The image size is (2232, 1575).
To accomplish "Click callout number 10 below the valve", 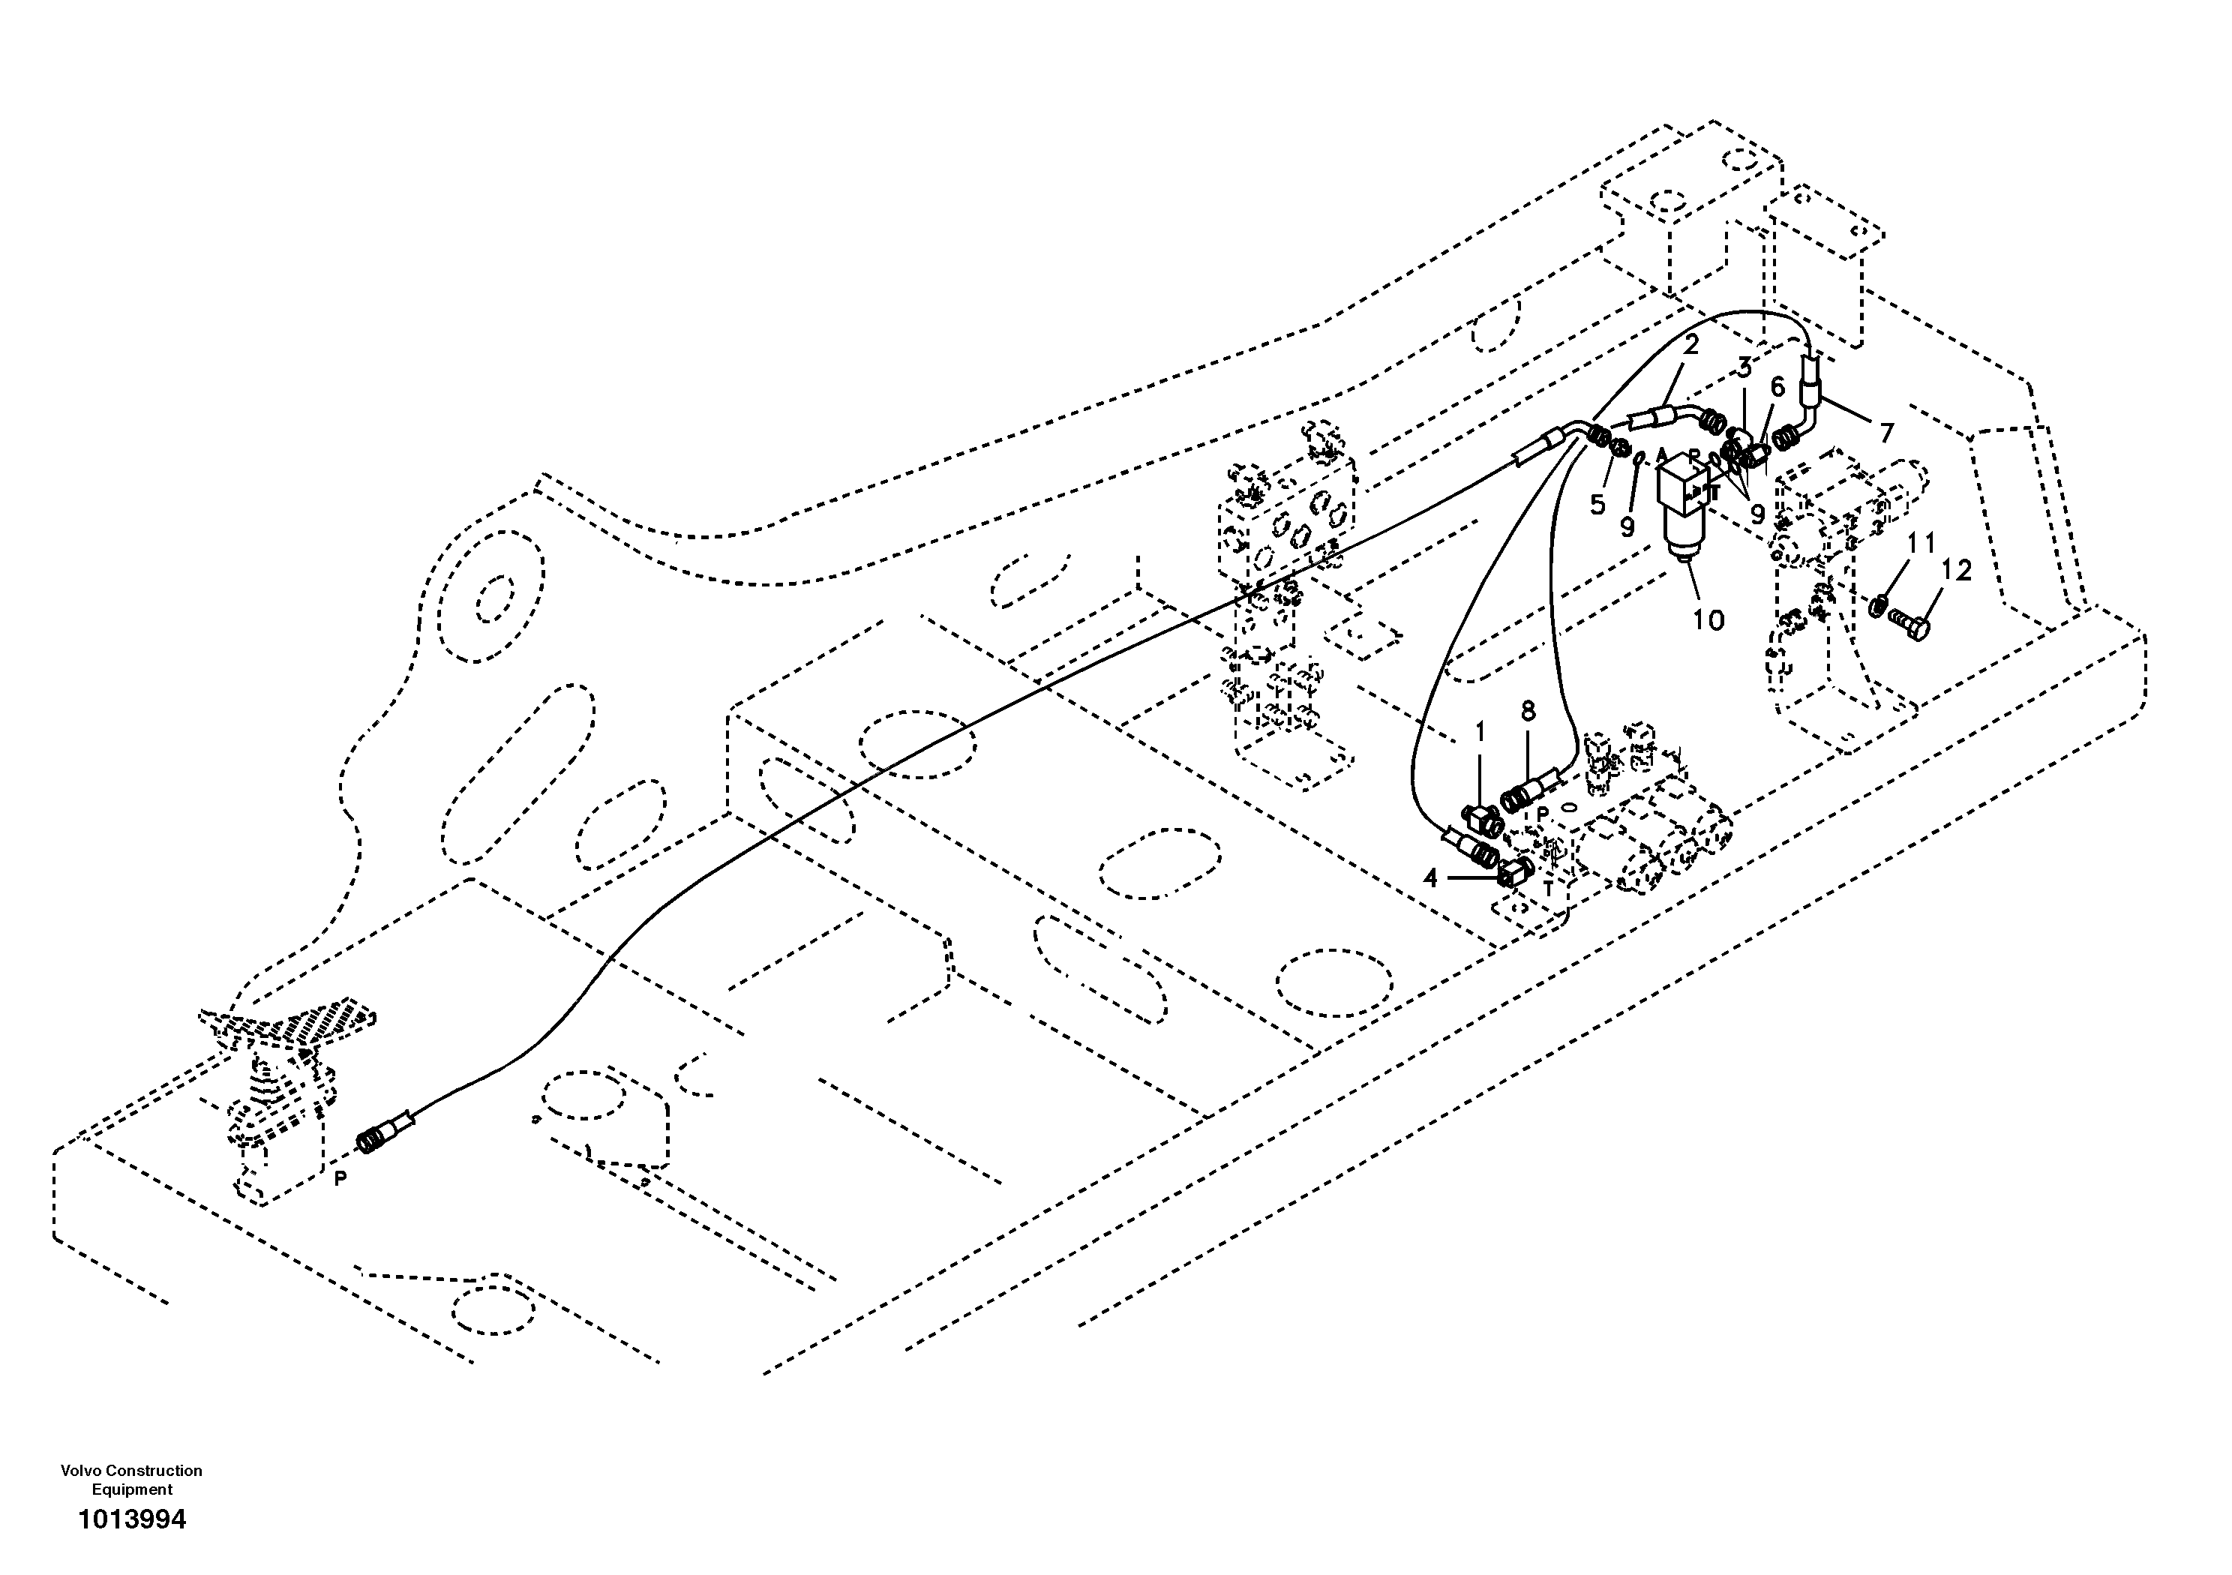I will point(1708,619).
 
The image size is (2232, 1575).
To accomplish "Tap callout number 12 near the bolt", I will point(1956,571).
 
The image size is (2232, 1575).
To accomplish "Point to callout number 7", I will point(1886,433).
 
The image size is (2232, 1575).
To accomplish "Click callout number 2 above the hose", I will point(1690,344).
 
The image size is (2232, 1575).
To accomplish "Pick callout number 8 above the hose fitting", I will point(1528,712).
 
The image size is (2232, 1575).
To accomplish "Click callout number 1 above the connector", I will point(1480,732).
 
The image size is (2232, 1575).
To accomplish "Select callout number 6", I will point(1777,387).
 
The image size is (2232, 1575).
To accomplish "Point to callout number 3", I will point(1744,368).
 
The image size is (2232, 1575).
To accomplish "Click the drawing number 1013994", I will point(132,1519).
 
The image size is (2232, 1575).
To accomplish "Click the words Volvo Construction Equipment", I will point(131,1480).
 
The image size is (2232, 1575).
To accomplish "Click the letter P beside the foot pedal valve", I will point(340,1177).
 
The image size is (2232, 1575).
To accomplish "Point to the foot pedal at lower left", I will point(286,1030).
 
